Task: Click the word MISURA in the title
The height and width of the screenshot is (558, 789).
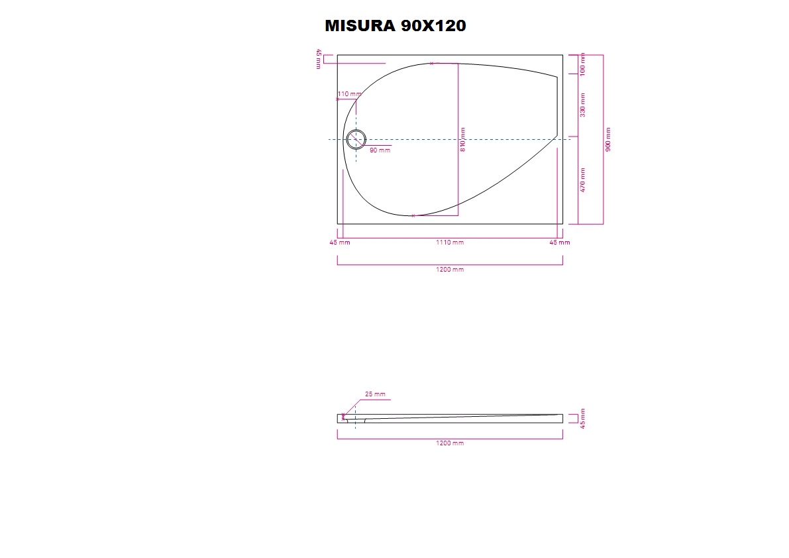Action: [360, 26]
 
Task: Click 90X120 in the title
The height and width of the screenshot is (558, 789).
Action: [433, 26]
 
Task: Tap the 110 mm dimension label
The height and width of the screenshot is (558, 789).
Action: [349, 94]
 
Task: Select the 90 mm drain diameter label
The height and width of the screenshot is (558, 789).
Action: [380, 150]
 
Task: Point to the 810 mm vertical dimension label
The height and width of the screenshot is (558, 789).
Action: [463, 139]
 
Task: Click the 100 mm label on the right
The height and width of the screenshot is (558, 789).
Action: [583, 64]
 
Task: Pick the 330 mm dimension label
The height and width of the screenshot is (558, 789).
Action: [583, 105]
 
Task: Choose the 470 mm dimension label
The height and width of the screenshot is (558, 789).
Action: [583, 180]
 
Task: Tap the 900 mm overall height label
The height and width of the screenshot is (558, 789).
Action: [608, 139]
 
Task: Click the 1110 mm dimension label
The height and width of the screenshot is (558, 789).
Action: [450, 243]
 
